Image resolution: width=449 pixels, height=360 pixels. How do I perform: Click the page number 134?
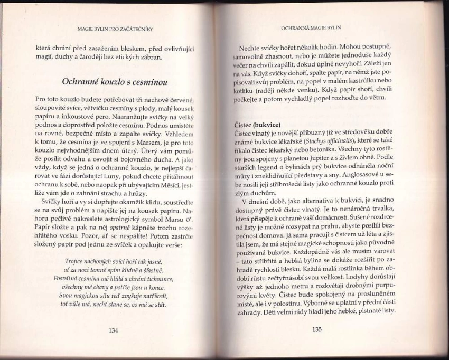coord(113,331)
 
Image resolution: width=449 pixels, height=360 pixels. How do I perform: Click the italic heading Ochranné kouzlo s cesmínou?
coord(115,82)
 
